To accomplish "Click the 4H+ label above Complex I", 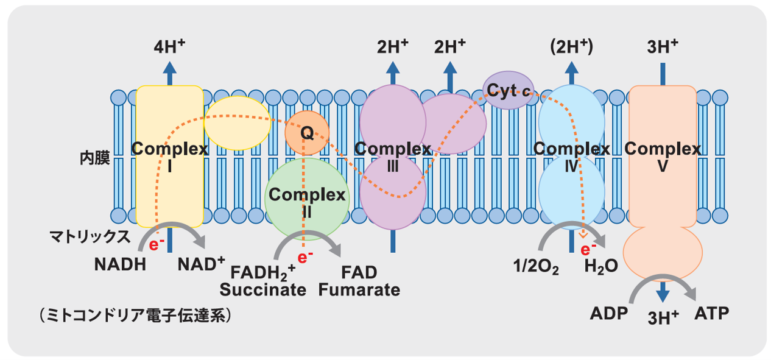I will [169, 46].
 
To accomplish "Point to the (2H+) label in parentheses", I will [571, 47].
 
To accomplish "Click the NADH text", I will [121, 265].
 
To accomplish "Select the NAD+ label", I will [201, 265].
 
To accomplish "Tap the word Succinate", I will [263, 289].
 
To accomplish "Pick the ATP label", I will [711, 314].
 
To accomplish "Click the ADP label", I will [609, 314].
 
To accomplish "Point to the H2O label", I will [601, 266].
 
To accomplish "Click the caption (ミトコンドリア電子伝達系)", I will [135, 316].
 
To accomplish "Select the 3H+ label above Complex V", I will [662, 46].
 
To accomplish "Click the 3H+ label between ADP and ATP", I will [662, 317].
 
